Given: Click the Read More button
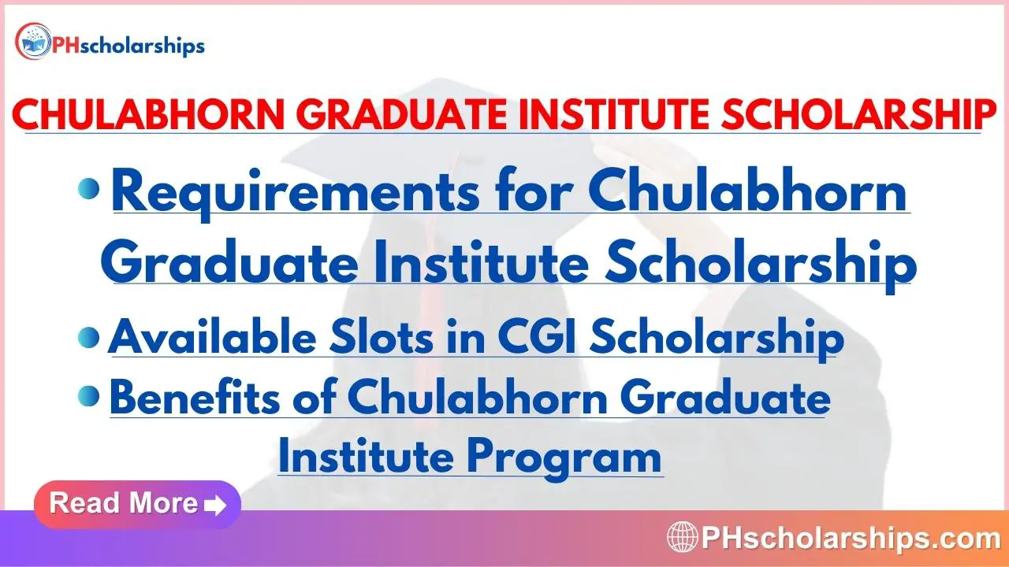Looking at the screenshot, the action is coord(137,504).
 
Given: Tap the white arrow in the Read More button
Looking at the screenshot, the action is coord(215,506).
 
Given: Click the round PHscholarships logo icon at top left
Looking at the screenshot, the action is coord(33,42).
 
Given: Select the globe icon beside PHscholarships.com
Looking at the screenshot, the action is coord(683,537).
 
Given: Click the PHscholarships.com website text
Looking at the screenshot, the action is coord(851,537).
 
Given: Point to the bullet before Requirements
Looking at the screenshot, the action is coord(89,189).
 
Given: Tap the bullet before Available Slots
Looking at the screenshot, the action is coord(89,338).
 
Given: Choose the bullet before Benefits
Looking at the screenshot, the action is coord(89,396).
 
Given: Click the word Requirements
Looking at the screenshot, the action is coord(296,195).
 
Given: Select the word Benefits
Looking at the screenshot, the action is coord(195,397).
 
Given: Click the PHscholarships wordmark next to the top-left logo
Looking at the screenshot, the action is coord(128,46).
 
